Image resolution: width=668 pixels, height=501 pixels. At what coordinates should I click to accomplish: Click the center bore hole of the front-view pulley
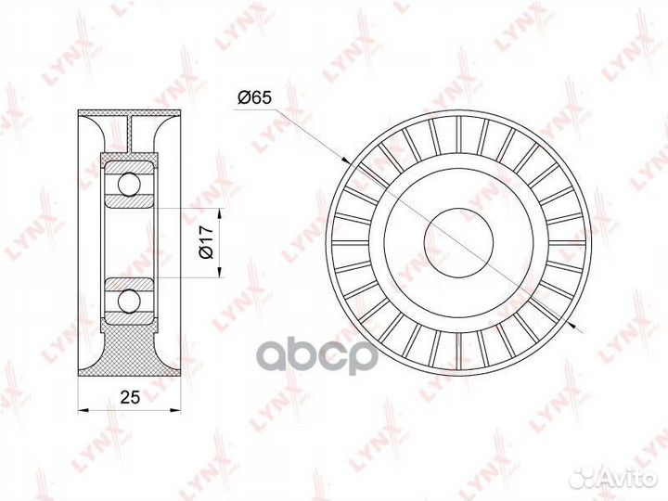[461, 241]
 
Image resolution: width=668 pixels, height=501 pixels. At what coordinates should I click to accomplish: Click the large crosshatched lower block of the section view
[130, 348]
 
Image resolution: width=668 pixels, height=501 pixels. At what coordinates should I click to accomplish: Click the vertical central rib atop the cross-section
[130, 135]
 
